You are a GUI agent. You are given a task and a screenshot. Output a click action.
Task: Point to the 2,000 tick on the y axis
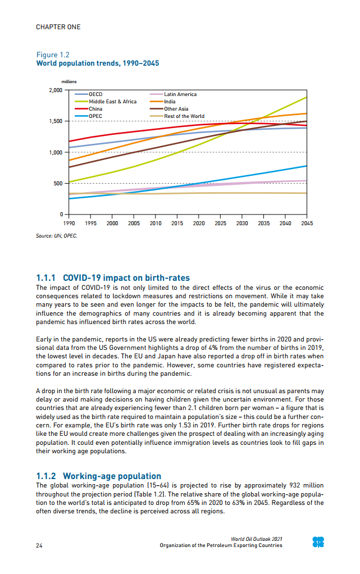[55, 90]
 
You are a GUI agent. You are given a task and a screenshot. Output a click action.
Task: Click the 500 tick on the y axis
[57, 184]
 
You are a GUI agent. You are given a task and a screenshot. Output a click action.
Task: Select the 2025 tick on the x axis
[220, 223]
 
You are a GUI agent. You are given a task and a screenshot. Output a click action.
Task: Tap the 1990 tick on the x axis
[68, 223]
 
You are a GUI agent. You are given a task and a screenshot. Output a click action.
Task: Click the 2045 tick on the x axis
[307, 223]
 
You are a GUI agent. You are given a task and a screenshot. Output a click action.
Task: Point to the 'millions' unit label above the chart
[69, 82]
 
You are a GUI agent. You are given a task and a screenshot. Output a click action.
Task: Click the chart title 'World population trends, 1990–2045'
[97, 63]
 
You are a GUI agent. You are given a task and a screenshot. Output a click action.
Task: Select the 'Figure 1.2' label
[53, 55]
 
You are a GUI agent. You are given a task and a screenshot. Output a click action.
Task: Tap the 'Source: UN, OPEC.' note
[57, 236]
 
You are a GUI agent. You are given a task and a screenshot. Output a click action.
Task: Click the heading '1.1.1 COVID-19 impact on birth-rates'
[113, 278]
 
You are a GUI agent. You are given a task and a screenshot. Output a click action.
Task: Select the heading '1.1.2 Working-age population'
[98, 476]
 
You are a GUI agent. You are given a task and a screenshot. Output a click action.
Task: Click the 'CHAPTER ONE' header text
[58, 27]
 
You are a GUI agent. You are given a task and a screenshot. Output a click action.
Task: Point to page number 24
[39, 545]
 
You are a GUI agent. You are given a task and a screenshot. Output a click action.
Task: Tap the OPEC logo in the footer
[318, 542]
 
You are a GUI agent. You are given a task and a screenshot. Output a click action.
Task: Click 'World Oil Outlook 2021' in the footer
[257, 539]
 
